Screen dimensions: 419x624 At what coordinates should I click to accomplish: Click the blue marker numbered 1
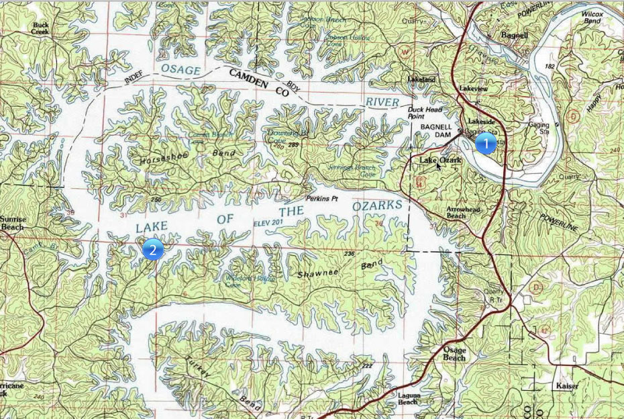[485, 144]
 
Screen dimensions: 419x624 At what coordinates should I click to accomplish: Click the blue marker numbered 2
[152, 250]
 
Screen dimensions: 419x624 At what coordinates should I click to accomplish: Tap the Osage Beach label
[454, 354]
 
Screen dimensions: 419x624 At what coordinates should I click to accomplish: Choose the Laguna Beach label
[409, 398]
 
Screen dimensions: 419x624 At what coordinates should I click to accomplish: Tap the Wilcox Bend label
[592, 17]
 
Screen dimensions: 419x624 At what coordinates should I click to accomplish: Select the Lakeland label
[421, 80]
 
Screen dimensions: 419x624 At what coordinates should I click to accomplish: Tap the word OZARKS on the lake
[378, 205]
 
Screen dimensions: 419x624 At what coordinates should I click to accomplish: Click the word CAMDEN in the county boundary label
[249, 78]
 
